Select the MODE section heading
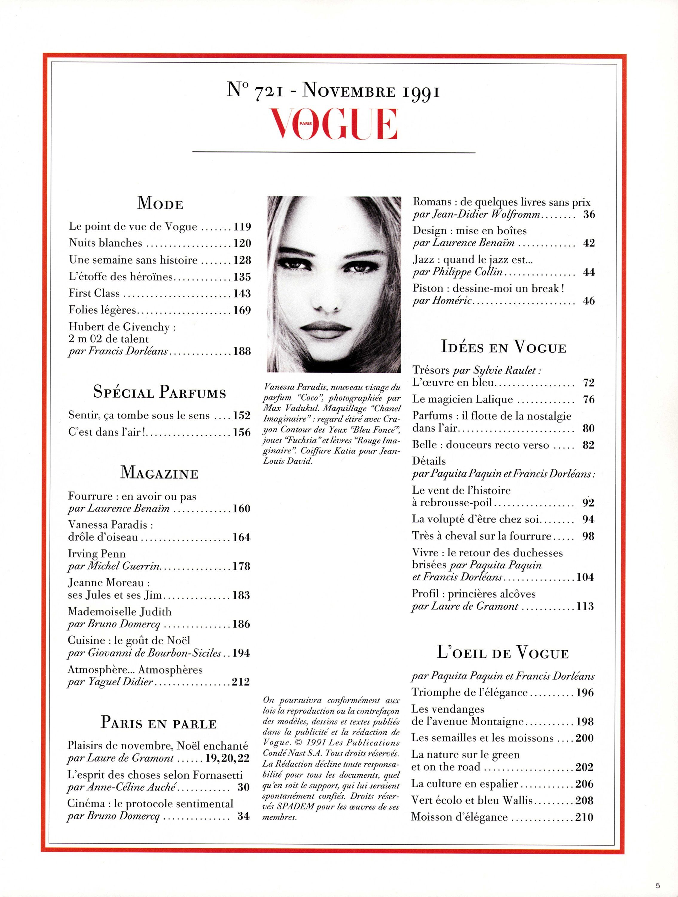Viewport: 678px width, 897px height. [160, 204]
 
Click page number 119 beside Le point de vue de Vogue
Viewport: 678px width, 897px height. [242, 227]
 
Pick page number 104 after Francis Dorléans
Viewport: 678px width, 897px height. [585, 577]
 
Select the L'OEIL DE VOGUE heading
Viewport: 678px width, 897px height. [503, 653]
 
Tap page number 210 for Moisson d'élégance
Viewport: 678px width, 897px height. [584, 817]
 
